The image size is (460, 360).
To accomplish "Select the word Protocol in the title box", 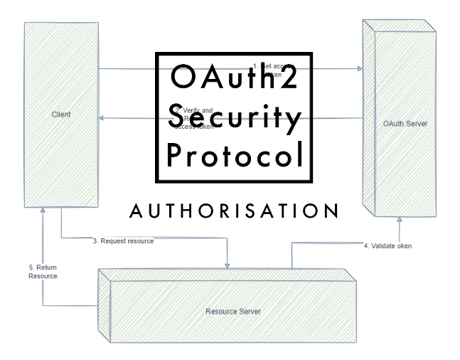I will (x=234, y=155).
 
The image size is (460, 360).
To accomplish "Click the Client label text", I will (x=61, y=115).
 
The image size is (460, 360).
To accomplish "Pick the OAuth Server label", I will (x=405, y=124).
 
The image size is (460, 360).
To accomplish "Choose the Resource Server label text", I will (x=232, y=312).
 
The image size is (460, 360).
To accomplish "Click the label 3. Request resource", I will (x=123, y=241).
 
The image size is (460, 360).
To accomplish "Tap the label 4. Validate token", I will (x=387, y=246).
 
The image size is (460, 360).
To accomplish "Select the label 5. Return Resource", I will (x=43, y=271).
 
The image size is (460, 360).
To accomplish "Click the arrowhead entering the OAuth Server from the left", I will (x=360, y=69).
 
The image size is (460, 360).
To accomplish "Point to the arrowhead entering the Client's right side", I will (x=102, y=118).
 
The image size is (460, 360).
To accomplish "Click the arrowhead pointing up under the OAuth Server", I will (x=400, y=221).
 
